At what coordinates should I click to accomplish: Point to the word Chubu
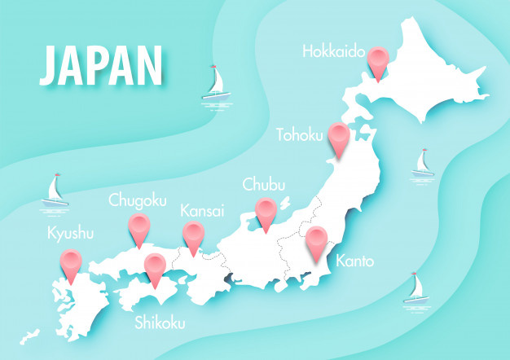click(x=265, y=186)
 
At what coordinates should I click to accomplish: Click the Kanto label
click(x=354, y=261)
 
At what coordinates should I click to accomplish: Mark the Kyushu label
click(x=70, y=234)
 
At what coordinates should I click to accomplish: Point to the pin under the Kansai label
click(x=193, y=235)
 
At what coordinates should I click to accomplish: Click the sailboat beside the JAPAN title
click(x=215, y=84)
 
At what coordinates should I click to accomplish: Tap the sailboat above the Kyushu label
click(x=54, y=193)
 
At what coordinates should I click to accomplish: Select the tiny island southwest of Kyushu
click(x=30, y=335)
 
